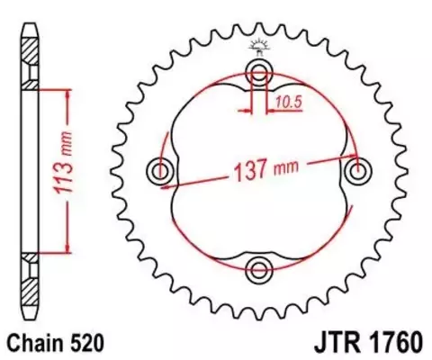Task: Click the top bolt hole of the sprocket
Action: [x=260, y=73]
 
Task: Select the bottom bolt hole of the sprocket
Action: [x=260, y=267]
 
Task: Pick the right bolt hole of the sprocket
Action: [x=358, y=170]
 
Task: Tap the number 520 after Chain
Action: [x=90, y=343]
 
